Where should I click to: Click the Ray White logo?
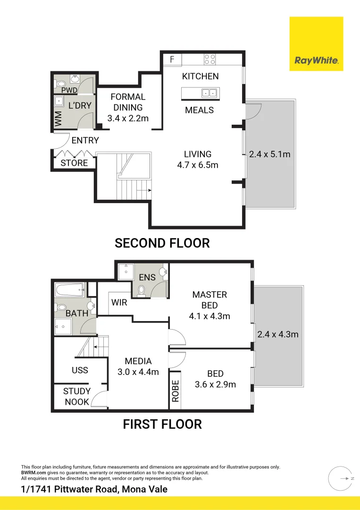coord(316,43)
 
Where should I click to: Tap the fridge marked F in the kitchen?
coord(172,59)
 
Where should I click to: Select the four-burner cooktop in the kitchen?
coord(209,59)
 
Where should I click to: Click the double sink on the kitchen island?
coord(209,93)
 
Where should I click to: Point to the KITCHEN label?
coord(200,76)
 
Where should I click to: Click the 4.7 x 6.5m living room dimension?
coord(198,165)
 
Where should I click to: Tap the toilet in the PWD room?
coord(60,84)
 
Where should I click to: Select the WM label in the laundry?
coord(59,119)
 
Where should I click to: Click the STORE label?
coord(74,163)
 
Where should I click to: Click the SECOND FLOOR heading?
coord(162,243)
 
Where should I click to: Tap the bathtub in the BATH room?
coord(70,290)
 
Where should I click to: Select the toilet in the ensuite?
coord(142,291)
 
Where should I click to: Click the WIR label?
coord(119,303)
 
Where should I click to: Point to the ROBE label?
coord(176,391)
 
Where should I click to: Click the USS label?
coord(80,370)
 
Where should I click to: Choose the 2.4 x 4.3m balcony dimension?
coord(278,334)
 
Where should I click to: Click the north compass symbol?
coord(341,478)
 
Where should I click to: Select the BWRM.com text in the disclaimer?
coord(33,473)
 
